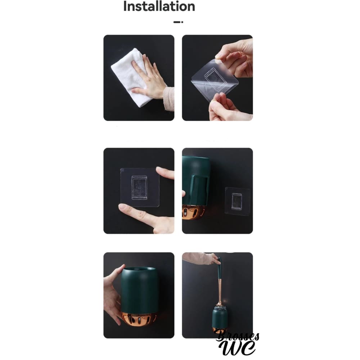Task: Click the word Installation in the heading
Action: (x=159, y=6)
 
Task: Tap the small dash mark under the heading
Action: (x=178, y=22)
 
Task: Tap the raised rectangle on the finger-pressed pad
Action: (x=139, y=188)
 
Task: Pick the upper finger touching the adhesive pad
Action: (x=165, y=173)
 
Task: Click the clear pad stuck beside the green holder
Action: (x=237, y=201)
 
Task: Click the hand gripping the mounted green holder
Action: (x=112, y=296)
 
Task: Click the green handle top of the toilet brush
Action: (x=219, y=268)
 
